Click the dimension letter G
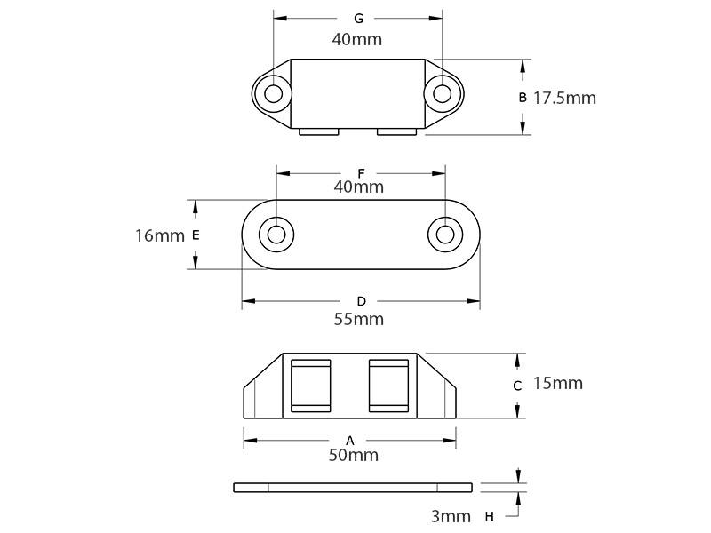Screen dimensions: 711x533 pyautogui.click(x=358, y=19)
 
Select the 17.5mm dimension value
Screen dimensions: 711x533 pyautogui.click(x=564, y=98)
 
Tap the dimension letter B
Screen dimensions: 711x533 pyautogui.click(x=523, y=98)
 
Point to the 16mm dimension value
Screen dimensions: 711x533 pyautogui.click(x=160, y=235)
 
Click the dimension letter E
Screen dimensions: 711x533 pyautogui.click(x=196, y=235)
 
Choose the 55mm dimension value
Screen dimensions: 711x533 pyautogui.click(x=359, y=319)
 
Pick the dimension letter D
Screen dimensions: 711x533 pyautogui.click(x=361, y=301)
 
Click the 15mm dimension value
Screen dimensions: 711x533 pyautogui.click(x=557, y=383)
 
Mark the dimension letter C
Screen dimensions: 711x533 pyautogui.click(x=517, y=386)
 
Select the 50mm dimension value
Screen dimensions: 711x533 pyautogui.click(x=354, y=455)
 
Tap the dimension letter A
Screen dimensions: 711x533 pyautogui.click(x=349, y=440)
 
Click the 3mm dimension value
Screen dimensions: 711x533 pyautogui.click(x=451, y=516)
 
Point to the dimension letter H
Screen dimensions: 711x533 pyautogui.click(x=490, y=516)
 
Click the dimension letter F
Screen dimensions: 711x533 pyautogui.click(x=361, y=173)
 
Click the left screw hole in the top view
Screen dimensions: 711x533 pyautogui.click(x=274, y=94)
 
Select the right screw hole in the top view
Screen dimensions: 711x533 pyautogui.click(x=442, y=94)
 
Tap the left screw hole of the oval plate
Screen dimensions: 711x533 pyautogui.click(x=276, y=235)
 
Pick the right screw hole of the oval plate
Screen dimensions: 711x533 pyautogui.click(x=445, y=235)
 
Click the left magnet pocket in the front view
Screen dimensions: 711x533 pyautogui.click(x=310, y=386)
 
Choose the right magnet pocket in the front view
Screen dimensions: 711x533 pyautogui.click(x=388, y=386)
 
